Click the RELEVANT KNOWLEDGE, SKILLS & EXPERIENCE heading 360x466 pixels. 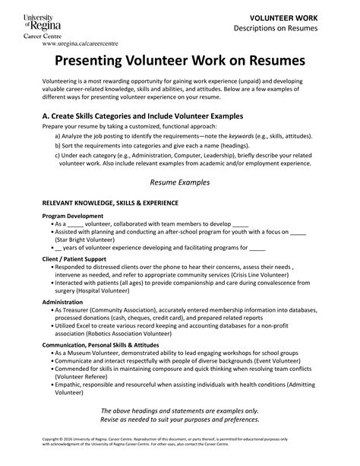pos(110,204)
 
